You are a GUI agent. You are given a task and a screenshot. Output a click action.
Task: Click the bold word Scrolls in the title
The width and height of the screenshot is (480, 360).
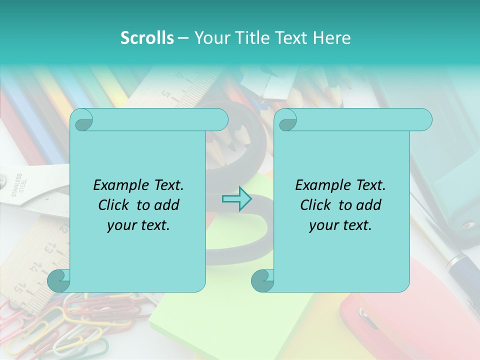pos(147,37)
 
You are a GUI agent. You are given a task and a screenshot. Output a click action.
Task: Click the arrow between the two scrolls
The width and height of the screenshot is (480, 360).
pos(236,198)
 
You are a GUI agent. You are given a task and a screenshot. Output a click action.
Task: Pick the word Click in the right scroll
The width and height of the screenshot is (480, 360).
pos(315,205)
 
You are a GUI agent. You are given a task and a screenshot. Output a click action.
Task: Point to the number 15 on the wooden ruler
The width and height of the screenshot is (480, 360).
pos(19,288)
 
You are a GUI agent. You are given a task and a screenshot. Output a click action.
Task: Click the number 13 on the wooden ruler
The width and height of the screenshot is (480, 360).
pos(50,247)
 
